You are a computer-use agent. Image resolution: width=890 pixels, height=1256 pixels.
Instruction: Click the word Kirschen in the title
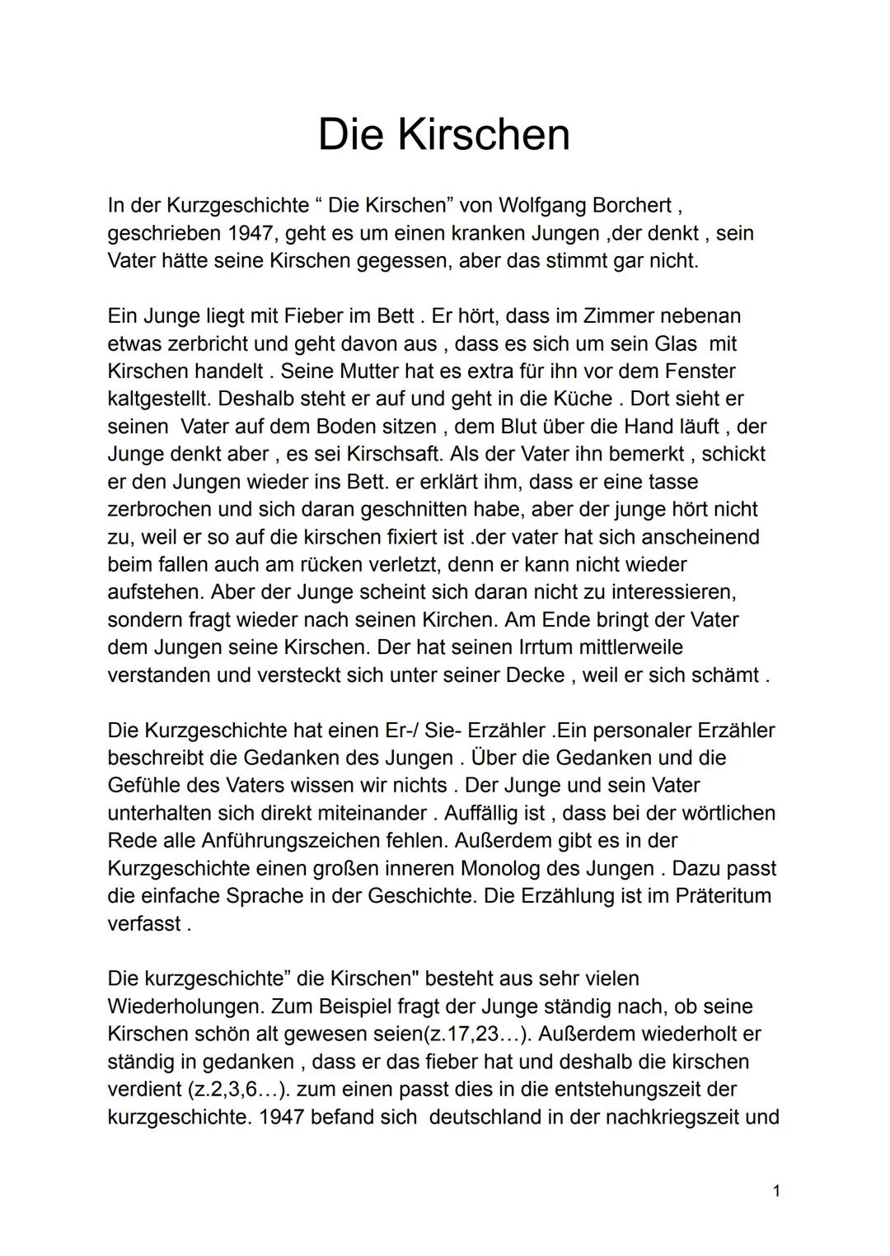pyautogui.click(x=484, y=134)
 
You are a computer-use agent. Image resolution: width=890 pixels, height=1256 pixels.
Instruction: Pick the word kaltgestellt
pyautogui.click(x=159, y=399)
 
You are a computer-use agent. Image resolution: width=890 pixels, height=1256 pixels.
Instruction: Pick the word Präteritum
pyautogui.click(x=723, y=896)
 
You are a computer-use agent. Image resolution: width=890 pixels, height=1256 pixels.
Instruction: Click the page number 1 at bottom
pyautogui.click(x=776, y=1191)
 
